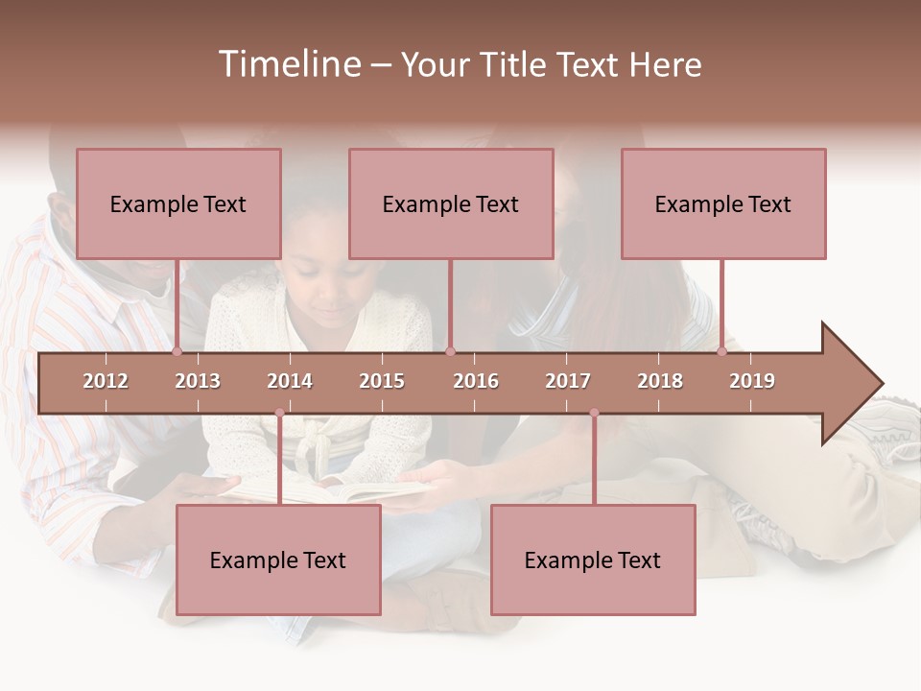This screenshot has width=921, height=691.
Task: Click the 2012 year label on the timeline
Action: point(106,381)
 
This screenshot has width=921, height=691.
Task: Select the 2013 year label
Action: point(198,381)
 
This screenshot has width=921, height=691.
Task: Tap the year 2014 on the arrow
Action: point(290,381)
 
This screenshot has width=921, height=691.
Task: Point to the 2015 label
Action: point(382,381)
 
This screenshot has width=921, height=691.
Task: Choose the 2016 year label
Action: point(476,381)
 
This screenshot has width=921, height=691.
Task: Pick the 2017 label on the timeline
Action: point(568,381)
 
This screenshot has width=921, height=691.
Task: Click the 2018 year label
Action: point(660,381)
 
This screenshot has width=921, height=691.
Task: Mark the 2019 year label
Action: point(752,381)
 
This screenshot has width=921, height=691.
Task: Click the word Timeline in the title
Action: point(289,64)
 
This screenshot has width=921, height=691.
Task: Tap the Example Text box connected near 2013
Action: point(178,203)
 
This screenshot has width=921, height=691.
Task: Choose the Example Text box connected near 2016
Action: point(451,203)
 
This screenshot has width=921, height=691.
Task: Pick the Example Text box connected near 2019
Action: point(723,203)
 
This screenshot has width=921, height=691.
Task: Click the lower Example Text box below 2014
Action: point(278,560)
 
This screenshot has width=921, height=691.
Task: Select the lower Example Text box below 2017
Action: point(593,560)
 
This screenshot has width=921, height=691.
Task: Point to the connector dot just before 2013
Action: point(177,351)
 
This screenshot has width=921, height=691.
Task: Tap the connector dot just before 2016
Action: point(451,351)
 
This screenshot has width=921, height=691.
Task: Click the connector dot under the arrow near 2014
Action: point(279,413)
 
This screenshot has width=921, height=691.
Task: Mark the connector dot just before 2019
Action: point(721,351)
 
